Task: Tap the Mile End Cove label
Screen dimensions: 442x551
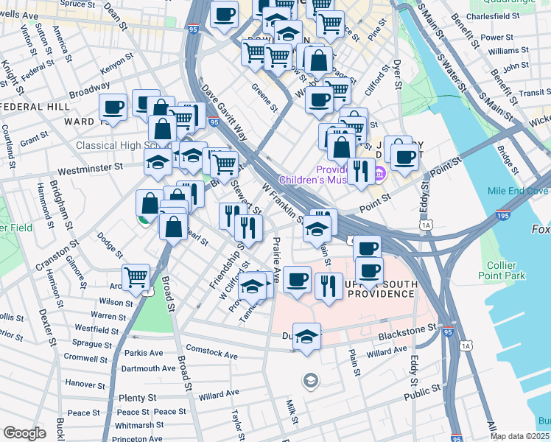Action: [x=517, y=191]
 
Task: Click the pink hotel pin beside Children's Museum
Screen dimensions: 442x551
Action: [x=380, y=174]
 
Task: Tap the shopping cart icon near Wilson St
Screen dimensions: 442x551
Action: [x=136, y=277]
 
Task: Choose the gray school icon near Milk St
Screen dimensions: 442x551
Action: [x=311, y=380]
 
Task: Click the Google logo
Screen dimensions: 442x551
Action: [x=24, y=433]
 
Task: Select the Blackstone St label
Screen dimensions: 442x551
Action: [x=404, y=329]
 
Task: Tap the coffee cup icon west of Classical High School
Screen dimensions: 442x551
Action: [x=113, y=108]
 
